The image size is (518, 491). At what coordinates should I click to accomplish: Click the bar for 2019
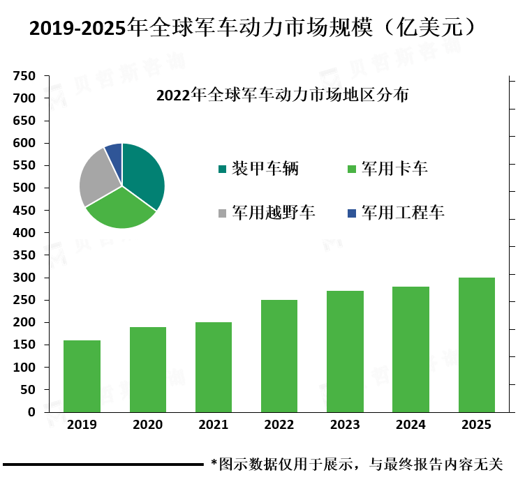click(x=82, y=376)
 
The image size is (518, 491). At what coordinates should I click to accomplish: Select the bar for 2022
click(x=279, y=356)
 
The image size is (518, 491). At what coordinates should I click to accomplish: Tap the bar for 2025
click(x=477, y=345)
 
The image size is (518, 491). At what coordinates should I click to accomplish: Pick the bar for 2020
click(x=148, y=370)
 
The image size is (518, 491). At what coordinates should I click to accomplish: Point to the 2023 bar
click(x=345, y=352)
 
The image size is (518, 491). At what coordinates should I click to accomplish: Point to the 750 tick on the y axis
click(x=24, y=76)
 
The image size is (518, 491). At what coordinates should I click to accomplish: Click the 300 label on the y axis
click(x=24, y=278)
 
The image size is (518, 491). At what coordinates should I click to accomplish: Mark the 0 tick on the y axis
click(x=31, y=411)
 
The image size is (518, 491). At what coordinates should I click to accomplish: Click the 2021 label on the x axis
click(x=214, y=425)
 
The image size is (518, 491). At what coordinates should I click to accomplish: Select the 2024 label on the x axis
click(x=410, y=425)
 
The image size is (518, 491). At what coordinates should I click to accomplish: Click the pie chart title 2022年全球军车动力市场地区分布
click(x=282, y=94)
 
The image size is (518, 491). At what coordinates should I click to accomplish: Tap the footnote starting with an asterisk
click(x=357, y=464)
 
